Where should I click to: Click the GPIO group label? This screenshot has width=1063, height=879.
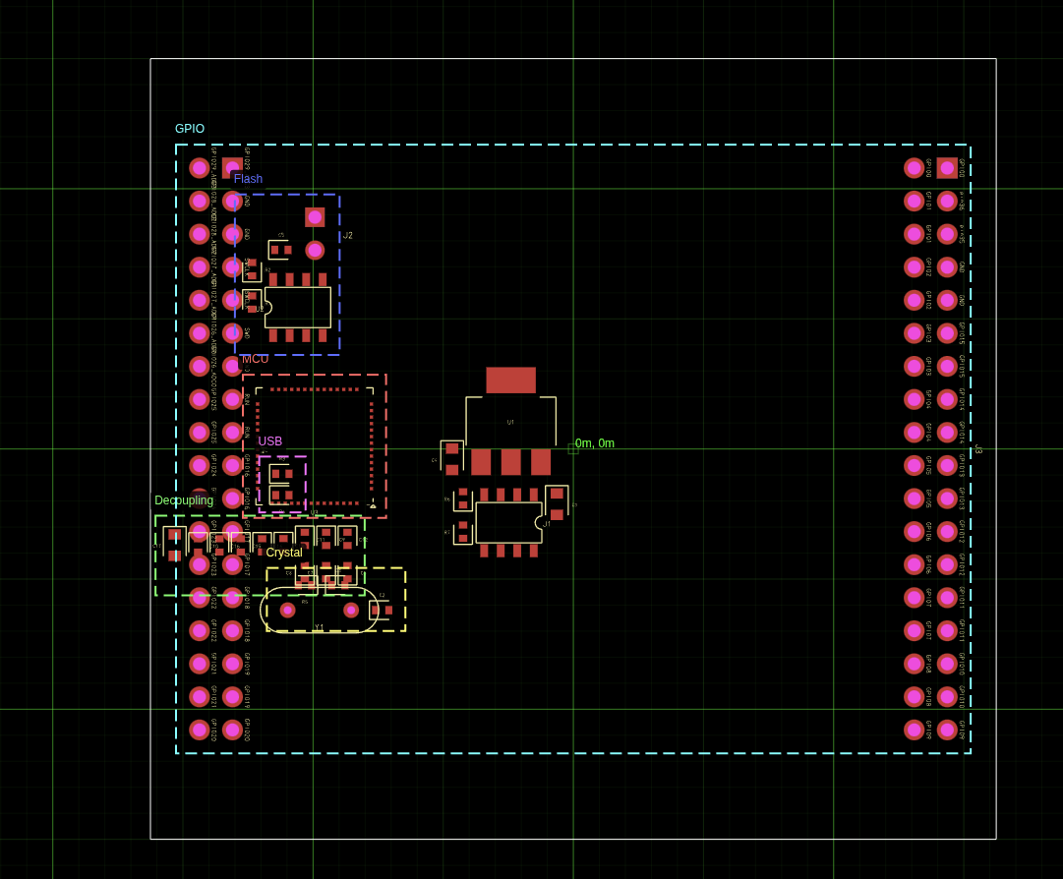click(x=190, y=129)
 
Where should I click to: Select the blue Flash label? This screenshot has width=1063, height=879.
click(x=248, y=179)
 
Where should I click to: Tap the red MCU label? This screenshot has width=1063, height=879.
click(x=255, y=359)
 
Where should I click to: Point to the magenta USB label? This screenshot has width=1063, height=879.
click(x=270, y=441)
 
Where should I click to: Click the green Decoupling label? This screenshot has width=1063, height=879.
click(x=184, y=500)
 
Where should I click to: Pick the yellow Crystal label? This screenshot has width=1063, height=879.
click(x=284, y=553)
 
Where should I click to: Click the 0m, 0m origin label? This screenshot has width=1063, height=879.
click(x=595, y=443)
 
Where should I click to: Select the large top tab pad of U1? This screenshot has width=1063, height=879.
click(x=510, y=381)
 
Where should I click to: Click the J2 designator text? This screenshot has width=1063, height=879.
click(x=347, y=236)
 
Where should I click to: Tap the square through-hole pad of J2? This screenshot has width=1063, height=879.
click(x=315, y=217)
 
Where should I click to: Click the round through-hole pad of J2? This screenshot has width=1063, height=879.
click(x=315, y=250)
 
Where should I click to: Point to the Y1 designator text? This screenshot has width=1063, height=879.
click(x=319, y=627)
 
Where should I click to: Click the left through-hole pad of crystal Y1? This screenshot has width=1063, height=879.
click(x=287, y=610)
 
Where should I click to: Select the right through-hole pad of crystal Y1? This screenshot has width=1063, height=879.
click(x=351, y=610)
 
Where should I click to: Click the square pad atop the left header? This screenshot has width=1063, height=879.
click(x=232, y=168)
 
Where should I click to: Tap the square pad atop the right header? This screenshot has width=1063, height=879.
click(x=947, y=168)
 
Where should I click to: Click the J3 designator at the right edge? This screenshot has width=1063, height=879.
click(x=978, y=449)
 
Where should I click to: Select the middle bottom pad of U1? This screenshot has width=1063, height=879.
click(x=510, y=462)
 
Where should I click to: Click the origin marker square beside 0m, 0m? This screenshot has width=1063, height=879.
click(x=573, y=449)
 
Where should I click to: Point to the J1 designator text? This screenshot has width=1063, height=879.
click(x=547, y=524)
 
